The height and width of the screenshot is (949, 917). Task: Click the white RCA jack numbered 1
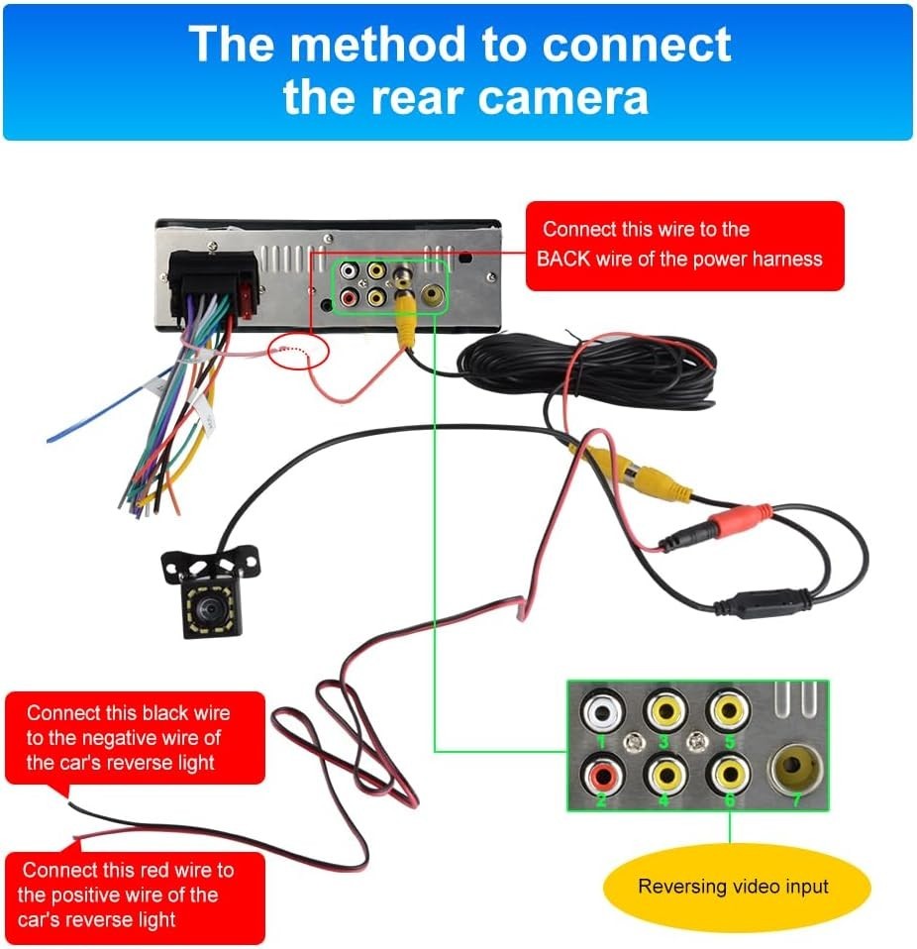click(602, 711)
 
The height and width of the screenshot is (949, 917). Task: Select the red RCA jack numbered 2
click(602, 773)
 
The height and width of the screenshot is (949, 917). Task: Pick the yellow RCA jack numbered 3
click(666, 710)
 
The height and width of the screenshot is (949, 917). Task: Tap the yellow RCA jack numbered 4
click(666, 774)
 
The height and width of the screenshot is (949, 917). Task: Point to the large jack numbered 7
click(795, 769)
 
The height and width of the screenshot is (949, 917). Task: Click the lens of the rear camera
click(209, 607)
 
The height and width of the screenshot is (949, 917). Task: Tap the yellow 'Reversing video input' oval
click(736, 887)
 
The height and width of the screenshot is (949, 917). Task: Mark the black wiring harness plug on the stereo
click(212, 285)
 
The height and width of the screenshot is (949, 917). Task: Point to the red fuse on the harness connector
click(247, 298)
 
